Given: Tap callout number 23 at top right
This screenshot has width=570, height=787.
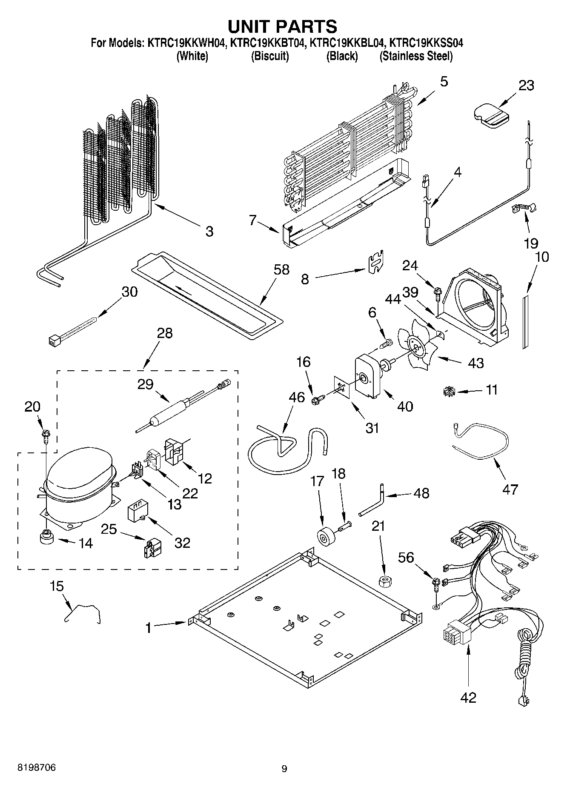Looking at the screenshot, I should [526, 86].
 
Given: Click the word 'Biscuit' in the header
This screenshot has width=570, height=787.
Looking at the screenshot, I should [270, 56].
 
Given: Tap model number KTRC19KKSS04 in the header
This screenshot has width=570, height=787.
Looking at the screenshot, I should [426, 43].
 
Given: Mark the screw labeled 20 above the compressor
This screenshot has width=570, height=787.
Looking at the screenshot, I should [45, 434].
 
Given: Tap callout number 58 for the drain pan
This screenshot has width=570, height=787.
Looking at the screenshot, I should [281, 269].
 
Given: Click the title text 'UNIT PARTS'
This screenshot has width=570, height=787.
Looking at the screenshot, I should [282, 26].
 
